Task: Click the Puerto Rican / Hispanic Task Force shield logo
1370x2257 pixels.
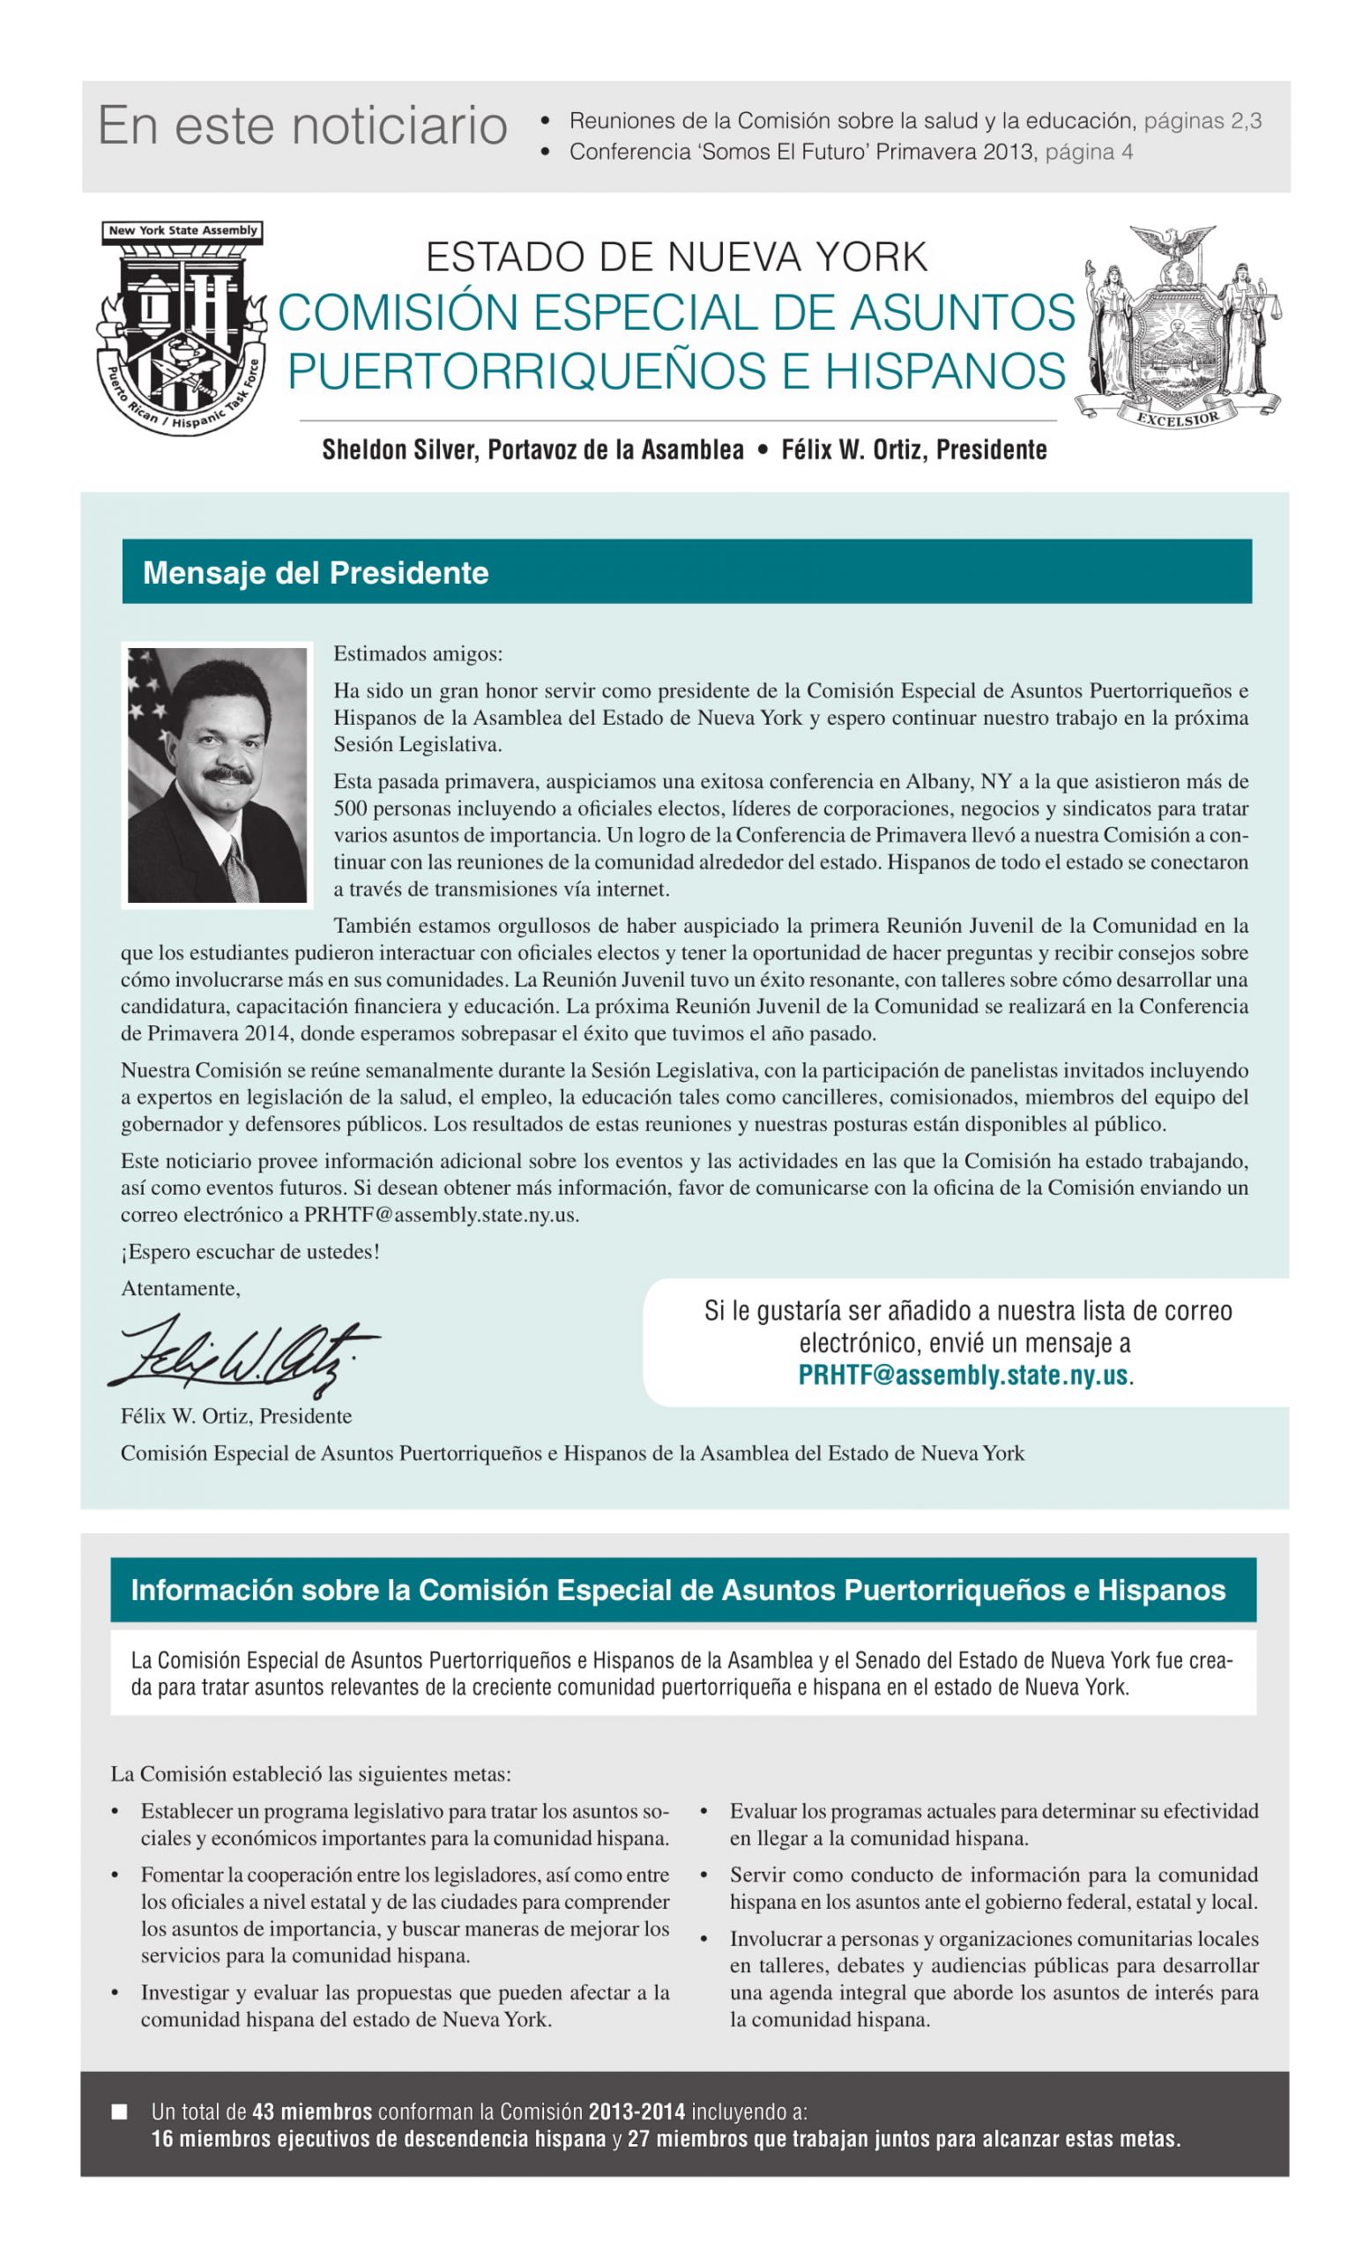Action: click(x=182, y=328)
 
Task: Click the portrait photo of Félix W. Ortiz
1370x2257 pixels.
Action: click(x=217, y=775)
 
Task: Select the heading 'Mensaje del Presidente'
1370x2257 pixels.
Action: click(x=315, y=572)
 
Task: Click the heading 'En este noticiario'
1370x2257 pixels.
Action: click(x=302, y=125)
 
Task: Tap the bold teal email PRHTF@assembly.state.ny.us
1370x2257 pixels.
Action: click(x=963, y=1374)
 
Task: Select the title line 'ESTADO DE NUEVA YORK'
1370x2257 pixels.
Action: click(x=676, y=257)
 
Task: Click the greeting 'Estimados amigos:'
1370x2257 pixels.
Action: click(x=418, y=654)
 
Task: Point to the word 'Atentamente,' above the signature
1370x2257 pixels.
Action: click(x=181, y=1289)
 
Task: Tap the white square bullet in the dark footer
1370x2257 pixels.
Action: click(x=119, y=2112)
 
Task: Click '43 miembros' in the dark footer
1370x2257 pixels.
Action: click(x=311, y=2112)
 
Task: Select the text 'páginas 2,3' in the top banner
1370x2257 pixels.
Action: click(x=1202, y=121)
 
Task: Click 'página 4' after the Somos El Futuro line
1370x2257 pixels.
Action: click(x=1089, y=152)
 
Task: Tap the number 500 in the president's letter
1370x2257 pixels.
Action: click(x=350, y=808)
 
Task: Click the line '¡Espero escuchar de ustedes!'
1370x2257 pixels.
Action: click(x=250, y=1252)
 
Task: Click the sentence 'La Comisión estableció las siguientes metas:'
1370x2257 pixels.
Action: click(x=310, y=1774)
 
